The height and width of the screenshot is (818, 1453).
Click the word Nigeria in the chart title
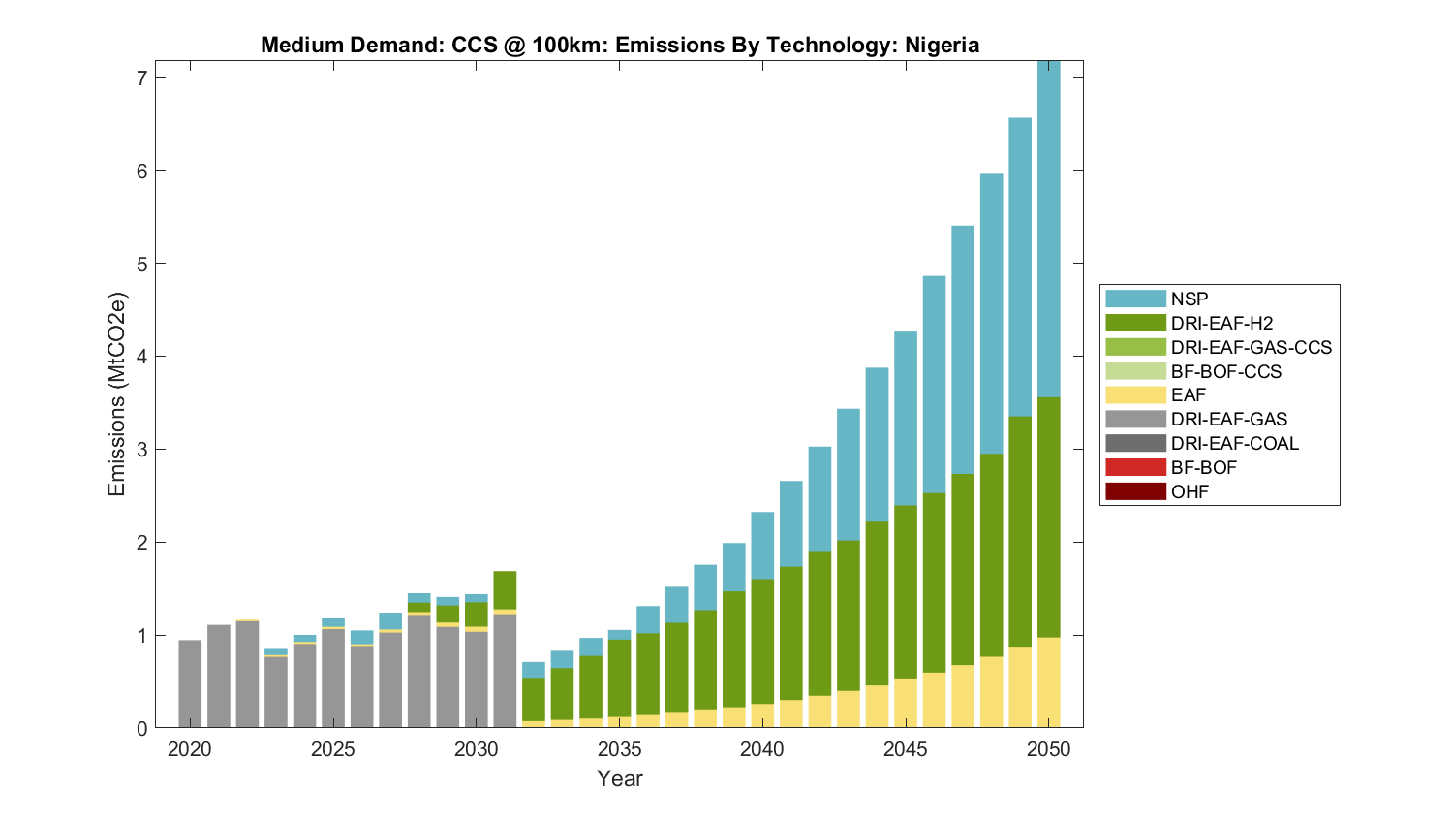tap(942, 46)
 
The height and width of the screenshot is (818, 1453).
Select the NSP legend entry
tap(1190, 299)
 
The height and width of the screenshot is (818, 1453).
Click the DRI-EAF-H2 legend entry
tap(1221, 324)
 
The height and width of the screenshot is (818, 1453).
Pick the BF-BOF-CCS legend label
tap(1225, 372)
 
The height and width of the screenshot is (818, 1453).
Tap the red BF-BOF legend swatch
tap(1135, 468)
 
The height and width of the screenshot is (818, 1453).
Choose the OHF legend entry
tap(1190, 492)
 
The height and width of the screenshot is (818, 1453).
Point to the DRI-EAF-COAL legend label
tap(1234, 444)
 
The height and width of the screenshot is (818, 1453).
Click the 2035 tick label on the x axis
tap(620, 749)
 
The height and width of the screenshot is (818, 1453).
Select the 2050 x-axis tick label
tap(1049, 749)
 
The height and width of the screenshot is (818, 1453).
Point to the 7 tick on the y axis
tap(141, 78)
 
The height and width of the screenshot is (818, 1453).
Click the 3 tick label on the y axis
tap(141, 450)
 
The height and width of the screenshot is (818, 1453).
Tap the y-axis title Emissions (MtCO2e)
tap(117, 393)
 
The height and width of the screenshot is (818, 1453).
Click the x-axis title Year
tap(620, 778)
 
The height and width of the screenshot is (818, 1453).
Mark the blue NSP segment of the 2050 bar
tap(1049, 228)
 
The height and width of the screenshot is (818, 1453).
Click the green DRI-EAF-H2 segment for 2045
tap(906, 592)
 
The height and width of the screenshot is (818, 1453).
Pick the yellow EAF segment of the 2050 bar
tap(1049, 682)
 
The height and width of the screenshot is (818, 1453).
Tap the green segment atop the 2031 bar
tap(505, 590)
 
